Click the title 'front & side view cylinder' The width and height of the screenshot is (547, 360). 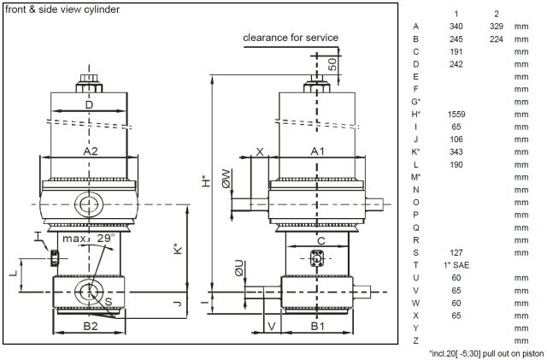pyautogui.click(x=62, y=9)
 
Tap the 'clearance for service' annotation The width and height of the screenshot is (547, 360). pyautogui.click(x=291, y=38)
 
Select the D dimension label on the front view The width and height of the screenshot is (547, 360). pyautogui.click(x=89, y=104)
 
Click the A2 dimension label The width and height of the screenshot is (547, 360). pyautogui.click(x=89, y=150)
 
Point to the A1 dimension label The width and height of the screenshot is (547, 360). pyautogui.click(x=317, y=150)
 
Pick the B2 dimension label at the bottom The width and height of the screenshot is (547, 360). pyautogui.click(x=89, y=326)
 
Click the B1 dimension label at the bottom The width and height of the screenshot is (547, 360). pyautogui.click(x=317, y=326)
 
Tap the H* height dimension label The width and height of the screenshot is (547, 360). pyautogui.click(x=204, y=181)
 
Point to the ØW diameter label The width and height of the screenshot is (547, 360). pyautogui.click(x=226, y=178)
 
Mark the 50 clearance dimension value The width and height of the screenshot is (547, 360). pyautogui.click(x=332, y=63)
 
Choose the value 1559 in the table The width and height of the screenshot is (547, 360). pyautogui.click(x=456, y=114)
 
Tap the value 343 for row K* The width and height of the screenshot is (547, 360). pyautogui.click(x=456, y=151)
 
